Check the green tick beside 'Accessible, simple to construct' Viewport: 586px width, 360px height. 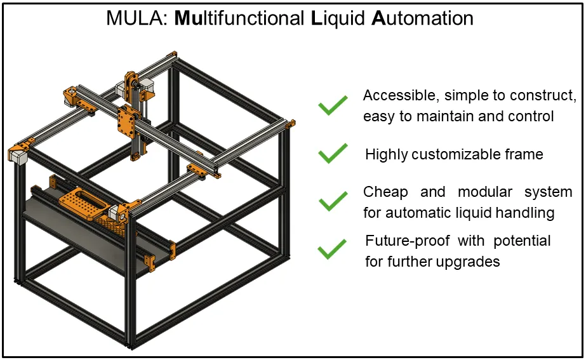(333, 105)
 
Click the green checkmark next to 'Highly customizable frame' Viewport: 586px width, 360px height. (333, 153)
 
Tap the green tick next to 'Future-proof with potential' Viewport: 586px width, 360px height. (332, 249)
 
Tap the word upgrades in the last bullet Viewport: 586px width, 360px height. (469, 261)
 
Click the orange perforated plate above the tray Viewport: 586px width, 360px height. (81, 204)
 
